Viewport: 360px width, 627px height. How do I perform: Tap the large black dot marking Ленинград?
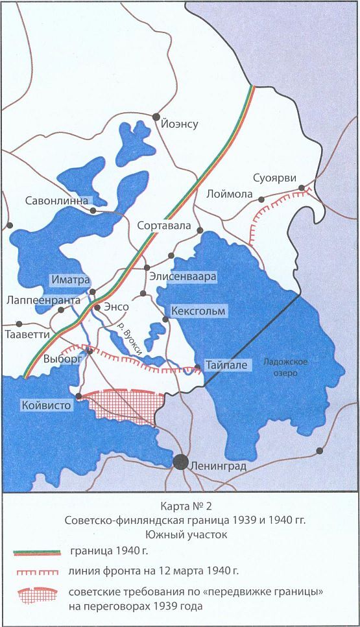[x=181, y=462]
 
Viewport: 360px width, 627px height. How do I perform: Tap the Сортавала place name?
[x=165, y=226]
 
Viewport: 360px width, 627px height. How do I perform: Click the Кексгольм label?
[x=198, y=311]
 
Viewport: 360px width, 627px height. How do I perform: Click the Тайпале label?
[x=226, y=365]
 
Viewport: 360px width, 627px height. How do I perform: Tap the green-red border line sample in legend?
[x=38, y=552]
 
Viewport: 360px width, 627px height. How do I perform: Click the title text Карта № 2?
[x=180, y=504]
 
